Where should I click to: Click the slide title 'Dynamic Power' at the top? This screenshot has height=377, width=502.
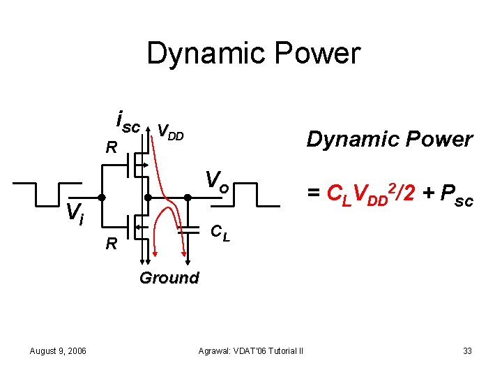[253, 54]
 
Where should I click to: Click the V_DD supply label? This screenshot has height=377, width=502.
[170, 131]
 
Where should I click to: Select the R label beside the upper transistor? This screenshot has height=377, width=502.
[111, 148]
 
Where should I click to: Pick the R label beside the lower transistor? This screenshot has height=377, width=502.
[111, 244]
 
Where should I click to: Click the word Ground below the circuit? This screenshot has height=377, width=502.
[169, 278]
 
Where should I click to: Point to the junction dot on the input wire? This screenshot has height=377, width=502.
[102, 198]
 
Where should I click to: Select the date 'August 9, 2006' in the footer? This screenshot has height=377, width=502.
[59, 350]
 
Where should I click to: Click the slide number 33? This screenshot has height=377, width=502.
[467, 350]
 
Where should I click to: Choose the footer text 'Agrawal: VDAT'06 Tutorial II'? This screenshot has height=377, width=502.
[250, 350]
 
